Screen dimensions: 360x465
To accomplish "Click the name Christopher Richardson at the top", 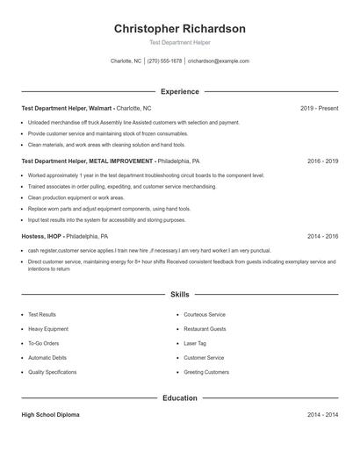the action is (x=179, y=29).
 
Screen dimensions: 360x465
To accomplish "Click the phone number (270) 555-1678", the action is (x=165, y=61).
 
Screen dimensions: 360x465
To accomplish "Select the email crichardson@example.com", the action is (x=219, y=61).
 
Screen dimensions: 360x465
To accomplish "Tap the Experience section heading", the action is (x=179, y=91).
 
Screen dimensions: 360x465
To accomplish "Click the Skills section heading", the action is (x=179, y=295).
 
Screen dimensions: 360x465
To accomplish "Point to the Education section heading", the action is (x=179, y=397).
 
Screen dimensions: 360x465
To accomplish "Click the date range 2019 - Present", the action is (x=319, y=108).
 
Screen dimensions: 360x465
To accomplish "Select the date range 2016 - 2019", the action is (x=322, y=161).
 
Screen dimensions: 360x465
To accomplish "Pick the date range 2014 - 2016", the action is (x=322, y=236).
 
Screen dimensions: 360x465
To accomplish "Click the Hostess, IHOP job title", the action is (x=41, y=236).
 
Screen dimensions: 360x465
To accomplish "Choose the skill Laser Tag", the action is (x=195, y=343).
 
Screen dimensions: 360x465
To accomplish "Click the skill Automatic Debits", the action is (x=47, y=358).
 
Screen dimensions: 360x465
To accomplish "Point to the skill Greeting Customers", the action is (x=206, y=372).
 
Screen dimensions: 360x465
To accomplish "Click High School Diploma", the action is (x=53, y=414).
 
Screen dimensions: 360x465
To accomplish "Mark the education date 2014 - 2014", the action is (x=322, y=414).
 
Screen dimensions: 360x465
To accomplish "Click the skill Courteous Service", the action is (x=205, y=314).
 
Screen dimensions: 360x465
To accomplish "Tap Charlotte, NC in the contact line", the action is (x=126, y=61).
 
